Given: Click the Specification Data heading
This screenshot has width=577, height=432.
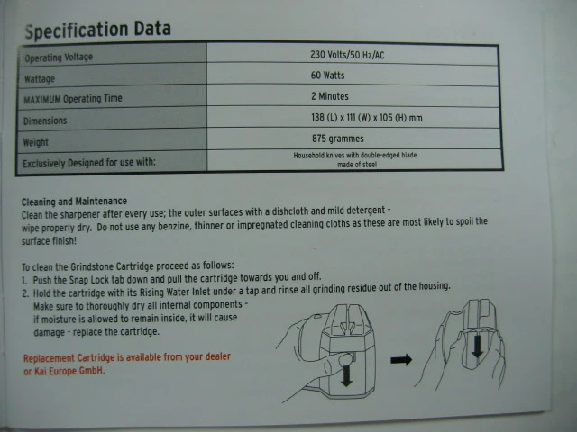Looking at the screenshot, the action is [98, 30].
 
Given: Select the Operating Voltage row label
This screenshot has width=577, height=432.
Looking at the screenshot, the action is [59, 58].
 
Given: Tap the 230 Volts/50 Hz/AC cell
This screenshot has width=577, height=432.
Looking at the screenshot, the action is [347, 55].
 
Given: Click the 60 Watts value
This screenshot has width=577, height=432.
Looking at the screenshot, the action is [327, 76].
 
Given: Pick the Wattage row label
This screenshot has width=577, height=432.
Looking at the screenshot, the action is [40, 79].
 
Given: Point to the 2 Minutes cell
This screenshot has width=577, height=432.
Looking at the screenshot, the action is [330, 96].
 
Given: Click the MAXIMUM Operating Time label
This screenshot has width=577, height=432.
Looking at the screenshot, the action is [73, 99].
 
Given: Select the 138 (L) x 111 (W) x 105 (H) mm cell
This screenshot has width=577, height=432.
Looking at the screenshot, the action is [367, 118].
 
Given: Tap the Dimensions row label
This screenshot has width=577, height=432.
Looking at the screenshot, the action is [45, 121].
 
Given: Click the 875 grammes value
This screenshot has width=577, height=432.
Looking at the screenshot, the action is [338, 139].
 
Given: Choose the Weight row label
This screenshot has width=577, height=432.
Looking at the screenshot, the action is [36, 142].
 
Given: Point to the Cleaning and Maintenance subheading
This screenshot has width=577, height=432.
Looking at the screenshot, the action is [74, 202].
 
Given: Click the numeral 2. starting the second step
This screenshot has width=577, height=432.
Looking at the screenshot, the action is [25, 293].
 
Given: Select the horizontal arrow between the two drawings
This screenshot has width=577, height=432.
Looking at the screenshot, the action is [401, 359].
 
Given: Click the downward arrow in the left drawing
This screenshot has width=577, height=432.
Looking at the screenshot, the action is [346, 376].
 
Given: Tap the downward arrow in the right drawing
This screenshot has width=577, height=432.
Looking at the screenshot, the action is [477, 346].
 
